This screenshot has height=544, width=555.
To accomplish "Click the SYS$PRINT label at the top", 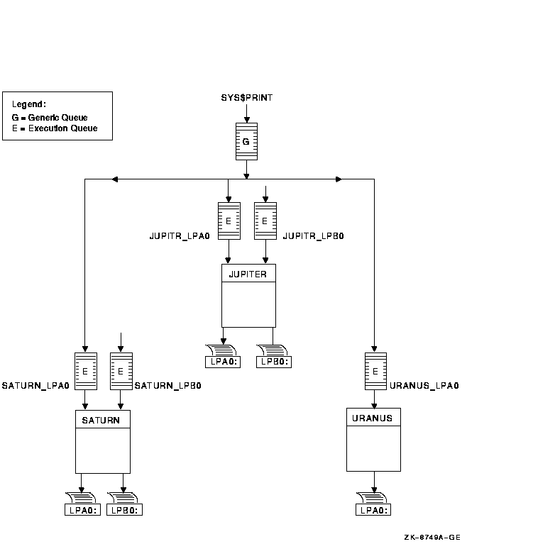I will click(x=246, y=97).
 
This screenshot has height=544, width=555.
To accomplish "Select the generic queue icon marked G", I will click(x=246, y=142).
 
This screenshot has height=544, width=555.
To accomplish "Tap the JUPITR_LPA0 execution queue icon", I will click(x=229, y=221).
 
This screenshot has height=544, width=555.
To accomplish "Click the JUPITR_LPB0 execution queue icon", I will click(x=265, y=221).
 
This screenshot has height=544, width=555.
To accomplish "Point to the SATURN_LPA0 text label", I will click(x=35, y=386).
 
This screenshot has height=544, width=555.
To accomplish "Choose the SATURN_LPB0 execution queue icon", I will click(x=121, y=371).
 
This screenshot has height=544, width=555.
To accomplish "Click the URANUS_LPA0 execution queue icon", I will click(x=375, y=370).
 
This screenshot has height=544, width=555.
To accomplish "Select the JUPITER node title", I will click(x=248, y=274).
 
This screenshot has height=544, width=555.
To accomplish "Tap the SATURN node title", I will click(x=102, y=420).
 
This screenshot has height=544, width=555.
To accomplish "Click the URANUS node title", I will click(x=373, y=417).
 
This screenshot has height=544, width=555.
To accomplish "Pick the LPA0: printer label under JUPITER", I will click(x=222, y=362).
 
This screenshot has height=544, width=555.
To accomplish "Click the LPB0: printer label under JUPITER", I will click(x=273, y=362).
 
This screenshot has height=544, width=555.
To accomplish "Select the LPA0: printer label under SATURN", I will click(x=83, y=509).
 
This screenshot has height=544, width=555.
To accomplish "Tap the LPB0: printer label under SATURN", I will click(x=124, y=509).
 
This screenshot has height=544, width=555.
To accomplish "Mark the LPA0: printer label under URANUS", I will click(x=373, y=509).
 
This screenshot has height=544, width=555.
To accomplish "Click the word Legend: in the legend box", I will click(x=29, y=104).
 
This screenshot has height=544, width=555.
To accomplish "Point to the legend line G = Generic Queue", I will click(x=50, y=118).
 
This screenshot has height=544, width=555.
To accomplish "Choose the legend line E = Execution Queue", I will click(x=55, y=128).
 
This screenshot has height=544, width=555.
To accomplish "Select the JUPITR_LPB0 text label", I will click(x=313, y=235).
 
